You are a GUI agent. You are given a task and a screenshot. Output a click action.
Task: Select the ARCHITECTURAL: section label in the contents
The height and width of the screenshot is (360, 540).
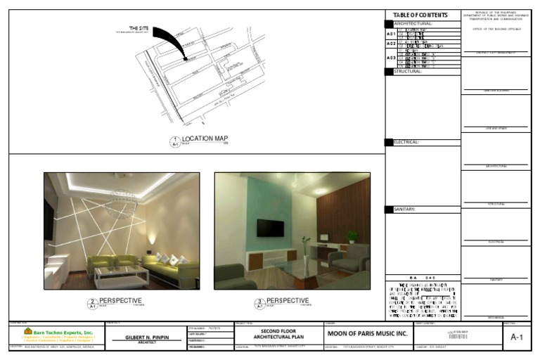(x=413, y=24)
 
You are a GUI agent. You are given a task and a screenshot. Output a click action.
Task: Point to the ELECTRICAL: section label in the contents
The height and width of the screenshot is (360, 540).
(x=407, y=142)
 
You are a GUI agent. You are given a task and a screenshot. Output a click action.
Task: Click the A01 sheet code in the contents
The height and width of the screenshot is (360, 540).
(x=391, y=33)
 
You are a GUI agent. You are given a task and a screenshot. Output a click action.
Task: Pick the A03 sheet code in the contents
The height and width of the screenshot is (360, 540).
(x=391, y=58)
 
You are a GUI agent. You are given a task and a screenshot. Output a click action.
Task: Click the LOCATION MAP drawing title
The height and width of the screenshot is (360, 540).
(x=205, y=139)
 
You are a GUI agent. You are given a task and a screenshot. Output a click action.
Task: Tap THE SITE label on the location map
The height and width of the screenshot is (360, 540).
(x=139, y=28)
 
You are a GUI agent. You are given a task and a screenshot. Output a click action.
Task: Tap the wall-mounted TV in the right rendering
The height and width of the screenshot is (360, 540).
(x=270, y=228)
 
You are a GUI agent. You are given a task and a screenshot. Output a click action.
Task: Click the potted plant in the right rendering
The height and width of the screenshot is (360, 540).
(x=352, y=237)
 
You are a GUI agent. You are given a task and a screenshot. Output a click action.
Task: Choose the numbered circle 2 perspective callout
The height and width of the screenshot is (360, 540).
(x=91, y=303)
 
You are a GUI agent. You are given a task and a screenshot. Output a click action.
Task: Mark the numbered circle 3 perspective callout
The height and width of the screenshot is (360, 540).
(x=259, y=303)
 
